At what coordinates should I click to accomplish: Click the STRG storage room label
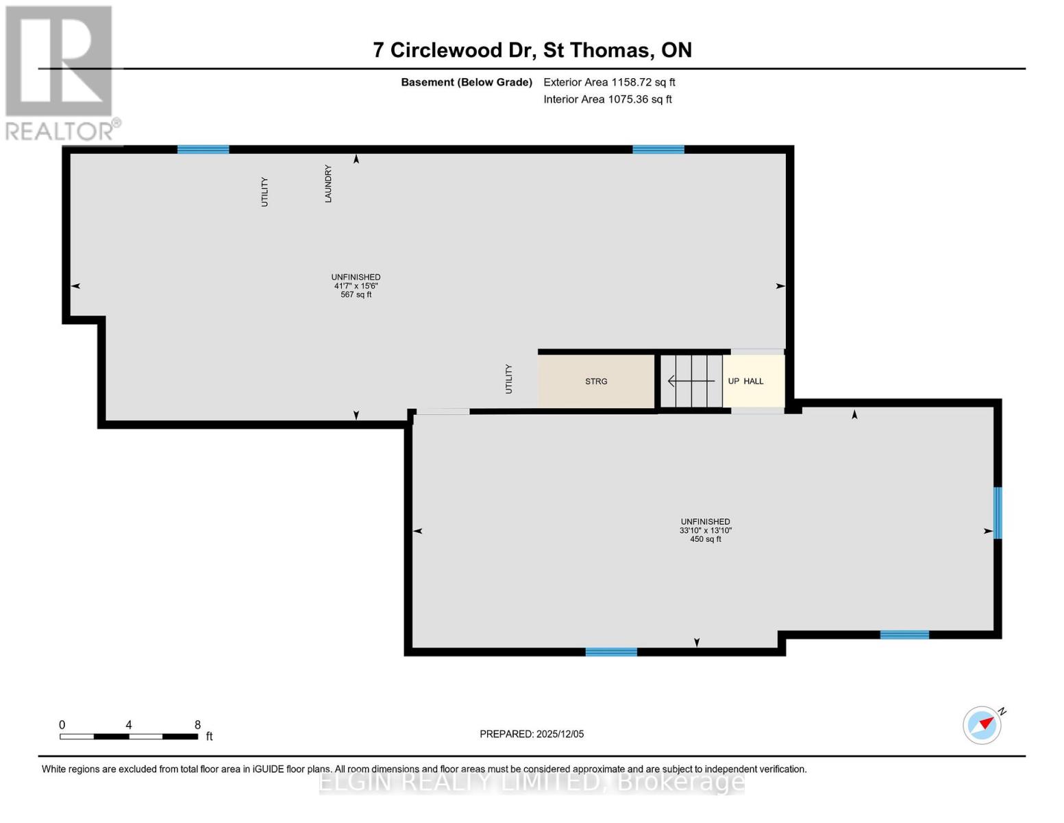(596, 381)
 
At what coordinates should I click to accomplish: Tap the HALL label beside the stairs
(753, 381)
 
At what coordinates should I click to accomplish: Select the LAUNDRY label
(328, 184)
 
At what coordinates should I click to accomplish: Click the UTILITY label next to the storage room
(509, 379)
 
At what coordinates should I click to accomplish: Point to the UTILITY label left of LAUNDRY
(264, 191)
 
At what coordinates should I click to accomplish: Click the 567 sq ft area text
(356, 295)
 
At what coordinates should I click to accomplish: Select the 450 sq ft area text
(706, 539)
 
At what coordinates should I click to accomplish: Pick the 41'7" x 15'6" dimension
(356, 286)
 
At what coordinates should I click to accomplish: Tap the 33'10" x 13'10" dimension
(706, 530)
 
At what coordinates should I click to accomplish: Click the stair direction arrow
(691, 381)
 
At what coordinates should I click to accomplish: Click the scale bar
(129, 737)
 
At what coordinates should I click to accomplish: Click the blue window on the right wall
(998, 513)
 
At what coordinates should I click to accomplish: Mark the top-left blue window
(203, 150)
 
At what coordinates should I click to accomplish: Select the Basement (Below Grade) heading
(467, 82)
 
